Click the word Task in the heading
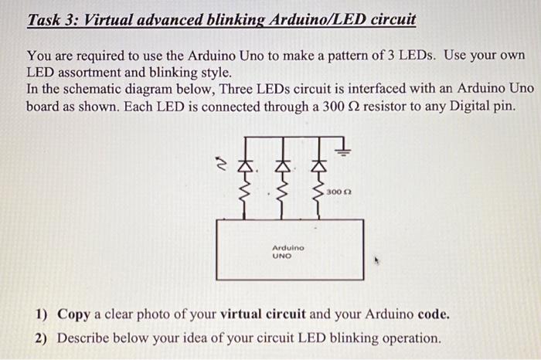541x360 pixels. click(46, 19)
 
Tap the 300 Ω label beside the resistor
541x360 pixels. click(339, 190)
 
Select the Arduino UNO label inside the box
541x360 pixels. click(288, 251)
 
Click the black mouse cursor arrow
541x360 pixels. click(378, 260)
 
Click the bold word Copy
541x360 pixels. click(74, 315)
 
